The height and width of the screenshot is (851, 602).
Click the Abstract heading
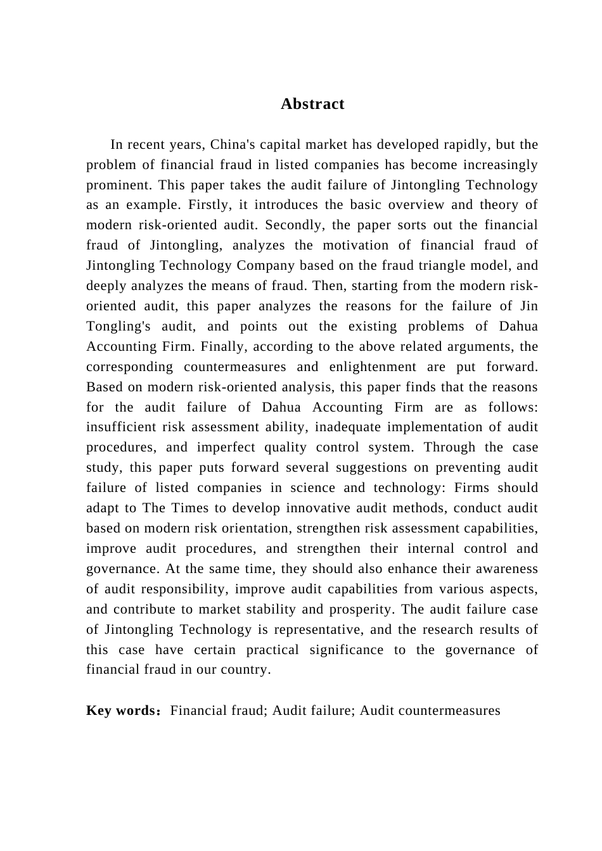tap(312, 104)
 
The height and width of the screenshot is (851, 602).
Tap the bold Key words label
tap(121, 711)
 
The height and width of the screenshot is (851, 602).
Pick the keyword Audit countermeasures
tap(430, 711)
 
